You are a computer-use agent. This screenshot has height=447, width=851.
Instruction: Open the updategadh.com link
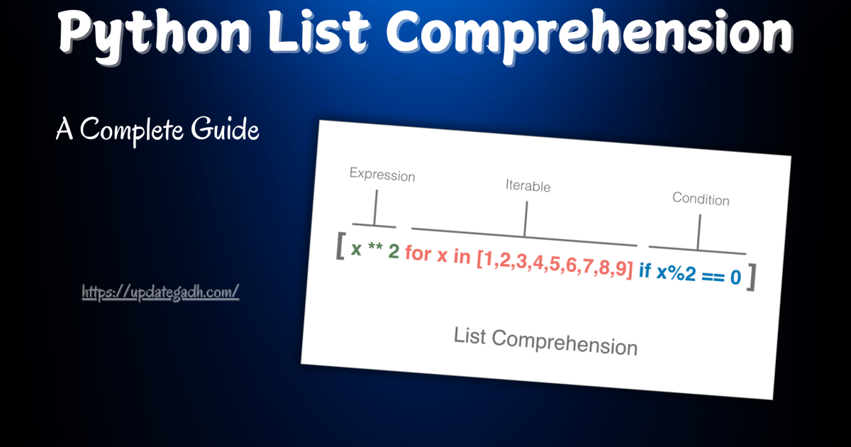tap(160, 292)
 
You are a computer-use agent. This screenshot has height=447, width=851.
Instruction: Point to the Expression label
tap(382, 175)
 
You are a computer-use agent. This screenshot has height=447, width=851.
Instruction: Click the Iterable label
tap(528, 186)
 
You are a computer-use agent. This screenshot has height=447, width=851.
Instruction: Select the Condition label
tap(701, 199)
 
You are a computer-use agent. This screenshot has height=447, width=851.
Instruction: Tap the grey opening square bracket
tap(340, 248)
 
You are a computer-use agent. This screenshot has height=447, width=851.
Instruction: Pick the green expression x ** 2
tap(375, 250)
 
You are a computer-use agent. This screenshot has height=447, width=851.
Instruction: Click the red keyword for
tap(418, 254)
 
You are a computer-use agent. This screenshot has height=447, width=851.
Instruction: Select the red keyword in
tap(462, 257)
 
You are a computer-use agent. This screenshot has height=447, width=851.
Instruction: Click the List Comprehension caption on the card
tap(545, 341)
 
